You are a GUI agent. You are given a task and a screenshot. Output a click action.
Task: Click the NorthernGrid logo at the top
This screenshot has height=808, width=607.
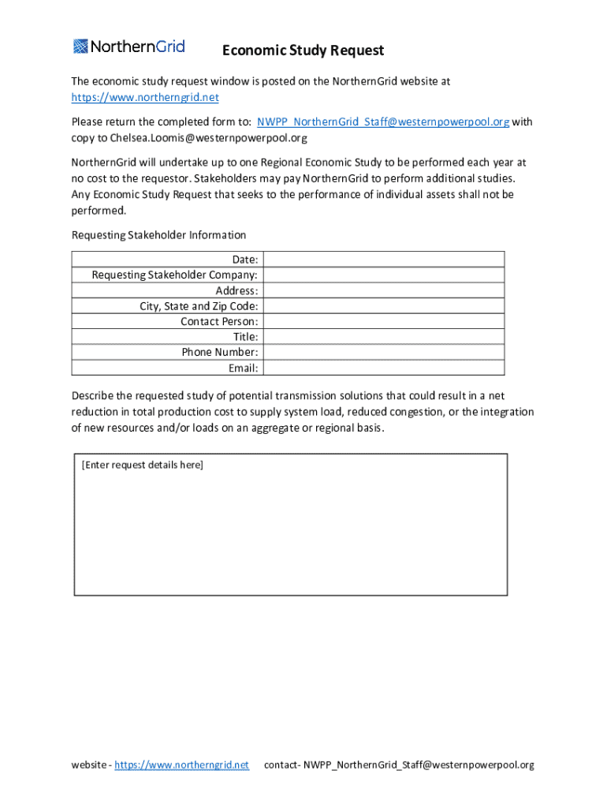pyautogui.click(x=129, y=47)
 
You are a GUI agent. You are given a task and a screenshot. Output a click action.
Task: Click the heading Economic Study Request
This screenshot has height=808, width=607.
pyautogui.click(x=303, y=50)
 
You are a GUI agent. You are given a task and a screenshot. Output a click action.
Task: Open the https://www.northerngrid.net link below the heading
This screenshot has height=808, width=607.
pyautogui.click(x=145, y=98)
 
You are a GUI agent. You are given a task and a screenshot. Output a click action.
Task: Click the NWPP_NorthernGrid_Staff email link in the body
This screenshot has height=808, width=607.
pyautogui.click(x=383, y=122)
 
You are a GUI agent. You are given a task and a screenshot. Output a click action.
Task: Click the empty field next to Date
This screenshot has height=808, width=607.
pyautogui.click(x=383, y=260)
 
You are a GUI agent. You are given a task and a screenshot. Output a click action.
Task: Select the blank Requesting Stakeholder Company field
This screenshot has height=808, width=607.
pyautogui.click(x=383, y=275)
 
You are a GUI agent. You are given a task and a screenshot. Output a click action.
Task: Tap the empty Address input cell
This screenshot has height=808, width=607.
pyautogui.click(x=383, y=290)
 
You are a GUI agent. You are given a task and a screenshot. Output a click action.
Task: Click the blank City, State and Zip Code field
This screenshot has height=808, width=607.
pyautogui.click(x=383, y=306)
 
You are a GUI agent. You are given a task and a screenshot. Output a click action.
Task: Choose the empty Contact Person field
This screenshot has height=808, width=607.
pyautogui.click(x=383, y=321)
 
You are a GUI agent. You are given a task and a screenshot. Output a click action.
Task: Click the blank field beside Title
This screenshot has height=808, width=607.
pyautogui.click(x=383, y=337)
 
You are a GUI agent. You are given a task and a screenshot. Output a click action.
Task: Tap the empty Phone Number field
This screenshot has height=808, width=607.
pyautogui.click(x=383, y=352)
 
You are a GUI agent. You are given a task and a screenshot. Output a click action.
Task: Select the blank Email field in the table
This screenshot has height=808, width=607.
pyautogui.click(x=383, y=368)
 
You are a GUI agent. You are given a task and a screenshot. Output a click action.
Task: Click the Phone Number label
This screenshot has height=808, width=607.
pyautogui.click(x=220, y=352)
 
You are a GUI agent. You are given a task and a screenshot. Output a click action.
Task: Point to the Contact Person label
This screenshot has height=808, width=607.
pyautogui.click(x=219, y=321)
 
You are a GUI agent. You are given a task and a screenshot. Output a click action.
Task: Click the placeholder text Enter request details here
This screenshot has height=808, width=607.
pyautogui.click(x=143, y=465)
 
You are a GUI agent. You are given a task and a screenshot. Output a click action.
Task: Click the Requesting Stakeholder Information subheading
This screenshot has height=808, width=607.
pyautogui.click(x=158, y=235)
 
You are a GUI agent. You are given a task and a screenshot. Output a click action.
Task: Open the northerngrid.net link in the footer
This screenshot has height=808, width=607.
pyautogui.click(x=181, y=765)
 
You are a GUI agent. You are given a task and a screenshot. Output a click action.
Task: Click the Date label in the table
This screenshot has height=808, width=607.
pyautogui.click(x=244, y=260)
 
